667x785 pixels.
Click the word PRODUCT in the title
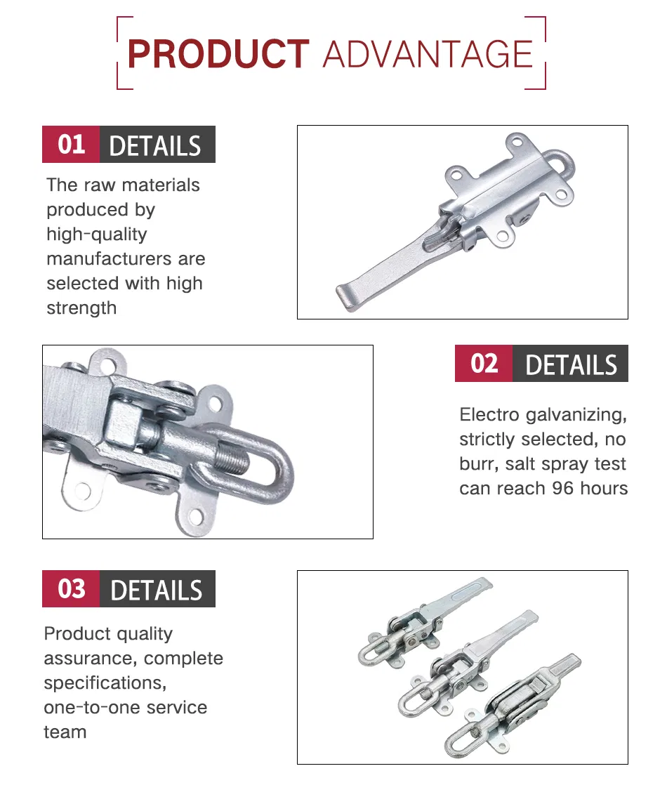click(218, 53)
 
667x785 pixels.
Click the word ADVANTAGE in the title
click(428, 54)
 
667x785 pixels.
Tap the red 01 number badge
click(71, 144)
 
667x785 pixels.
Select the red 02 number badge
click(484, 364)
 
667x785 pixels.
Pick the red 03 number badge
click(71, 588)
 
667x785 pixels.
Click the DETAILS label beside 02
click(571, 364)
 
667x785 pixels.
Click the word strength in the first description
click(81, 308)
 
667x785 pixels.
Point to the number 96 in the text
click(562, 488)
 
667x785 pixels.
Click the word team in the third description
click(65, 732)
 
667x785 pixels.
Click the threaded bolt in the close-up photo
click(232, 456)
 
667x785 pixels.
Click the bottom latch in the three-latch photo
click(510, 706)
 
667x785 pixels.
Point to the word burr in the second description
click(478, 463)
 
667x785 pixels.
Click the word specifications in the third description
click(105, 683)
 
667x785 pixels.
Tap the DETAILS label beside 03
click(157, 590)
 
